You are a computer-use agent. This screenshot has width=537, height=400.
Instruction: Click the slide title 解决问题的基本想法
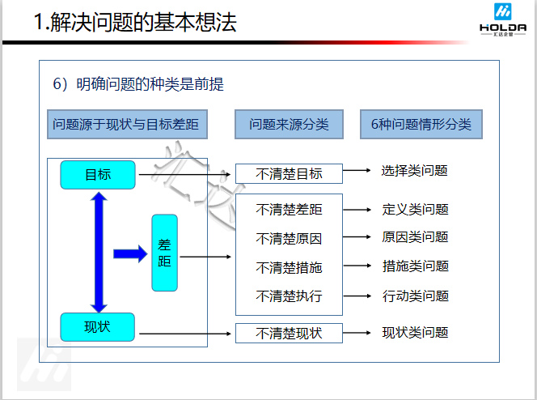[136, 22]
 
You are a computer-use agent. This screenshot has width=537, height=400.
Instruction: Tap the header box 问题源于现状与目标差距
[125, 125]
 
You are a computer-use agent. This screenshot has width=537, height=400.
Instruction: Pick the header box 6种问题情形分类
[421, 125]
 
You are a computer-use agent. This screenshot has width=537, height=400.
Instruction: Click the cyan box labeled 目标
[97, 174]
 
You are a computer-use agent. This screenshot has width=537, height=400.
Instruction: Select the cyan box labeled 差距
[164, 253]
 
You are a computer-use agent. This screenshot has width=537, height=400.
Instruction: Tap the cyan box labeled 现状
[97, 327]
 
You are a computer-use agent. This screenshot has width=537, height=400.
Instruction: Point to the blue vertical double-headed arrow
[99, 251]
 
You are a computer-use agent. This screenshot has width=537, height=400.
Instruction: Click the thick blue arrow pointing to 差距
[129, 253]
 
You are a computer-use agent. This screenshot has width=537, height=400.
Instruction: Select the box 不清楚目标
[289, 173]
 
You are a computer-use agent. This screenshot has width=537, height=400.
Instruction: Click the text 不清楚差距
[289, 210]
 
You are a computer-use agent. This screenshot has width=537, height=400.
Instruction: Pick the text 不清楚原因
[289, 239]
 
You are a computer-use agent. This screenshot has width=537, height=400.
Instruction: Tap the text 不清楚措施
[289, 267]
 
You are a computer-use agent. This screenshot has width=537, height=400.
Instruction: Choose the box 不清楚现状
[289, 333]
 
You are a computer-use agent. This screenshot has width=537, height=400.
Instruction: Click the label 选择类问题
[415, 171]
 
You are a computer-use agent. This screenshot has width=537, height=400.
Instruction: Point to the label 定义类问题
[415, 209]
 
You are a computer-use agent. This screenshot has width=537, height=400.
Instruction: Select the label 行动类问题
[415, 296]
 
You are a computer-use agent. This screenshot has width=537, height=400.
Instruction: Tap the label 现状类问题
[415, 332]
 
